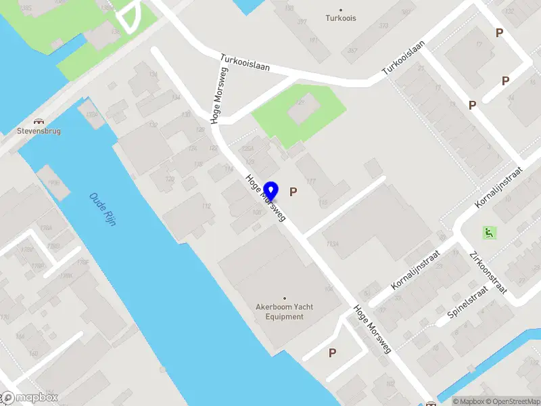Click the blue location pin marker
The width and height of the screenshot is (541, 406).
pyautogui.click(x=271, y=191)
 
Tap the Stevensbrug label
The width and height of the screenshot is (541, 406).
pyautogui.click(x=39, y=131)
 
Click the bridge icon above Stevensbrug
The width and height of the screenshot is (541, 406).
pyautogui.click(x=39, y=120)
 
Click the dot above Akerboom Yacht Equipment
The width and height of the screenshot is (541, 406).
pyautogui.click(x=284, y=298)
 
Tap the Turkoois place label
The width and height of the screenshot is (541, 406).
pyautogui.click(x=340, y=18)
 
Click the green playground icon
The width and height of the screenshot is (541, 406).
pyautogui.click(x=488, y=233)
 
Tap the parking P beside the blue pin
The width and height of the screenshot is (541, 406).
pyautogui.click(x=293, y=191)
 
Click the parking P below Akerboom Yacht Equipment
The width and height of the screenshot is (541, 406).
pyautogui.click(x=332, y=353)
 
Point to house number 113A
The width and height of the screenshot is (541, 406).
pyautogui.click(x=331, y=244)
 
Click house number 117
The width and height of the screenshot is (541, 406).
pyautogui.click(x=311, y=181)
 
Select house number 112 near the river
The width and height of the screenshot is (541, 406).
pyautogui.click(x=206, y=207)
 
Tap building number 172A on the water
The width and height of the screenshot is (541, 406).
pyautogui.click(x=92, y=115)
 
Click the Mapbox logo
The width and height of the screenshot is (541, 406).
pyautogui.click(x=30, y=397)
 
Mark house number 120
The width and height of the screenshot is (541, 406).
pyautogui.click(x=170, y=179)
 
